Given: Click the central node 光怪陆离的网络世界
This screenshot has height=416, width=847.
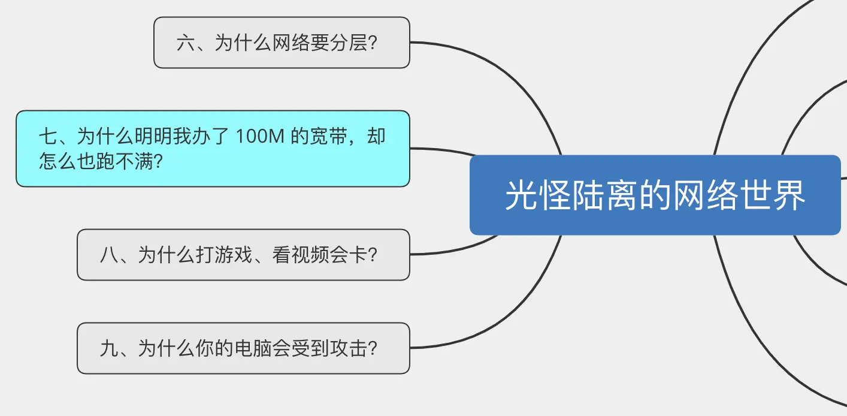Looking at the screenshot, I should tap(655, 195).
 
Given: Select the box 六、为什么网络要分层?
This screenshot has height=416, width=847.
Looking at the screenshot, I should tap(282, 43).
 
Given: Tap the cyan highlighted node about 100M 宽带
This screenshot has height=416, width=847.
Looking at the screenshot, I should tap(213, 149).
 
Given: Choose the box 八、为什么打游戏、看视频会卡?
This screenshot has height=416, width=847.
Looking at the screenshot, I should tap(243, 255).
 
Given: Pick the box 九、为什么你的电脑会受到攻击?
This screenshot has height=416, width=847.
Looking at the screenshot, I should tap(243, 348).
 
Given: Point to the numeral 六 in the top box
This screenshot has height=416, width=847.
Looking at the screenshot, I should tap(186, 43).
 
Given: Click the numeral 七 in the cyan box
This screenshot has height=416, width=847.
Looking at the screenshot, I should tap(49, 137).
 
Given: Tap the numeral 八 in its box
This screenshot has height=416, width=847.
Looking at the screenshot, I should tap(109, 255).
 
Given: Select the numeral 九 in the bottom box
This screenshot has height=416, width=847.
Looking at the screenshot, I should tap(109, 349).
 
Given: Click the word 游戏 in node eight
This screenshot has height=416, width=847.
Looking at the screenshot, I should tap(234, 255).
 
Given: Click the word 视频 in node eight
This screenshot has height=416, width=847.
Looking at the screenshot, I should tap(310, 255).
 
